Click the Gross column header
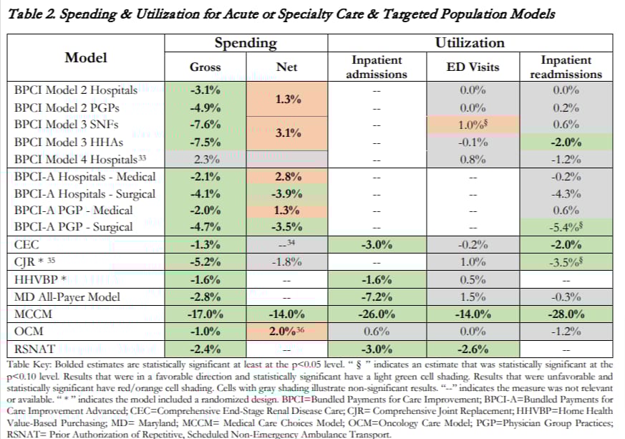205,67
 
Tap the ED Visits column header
473,67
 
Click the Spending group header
246,43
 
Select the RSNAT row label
36,349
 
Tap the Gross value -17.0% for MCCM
205,314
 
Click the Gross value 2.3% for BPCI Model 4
205,159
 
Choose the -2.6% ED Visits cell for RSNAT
473,349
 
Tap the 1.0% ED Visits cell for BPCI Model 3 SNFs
474,125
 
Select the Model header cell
86,57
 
